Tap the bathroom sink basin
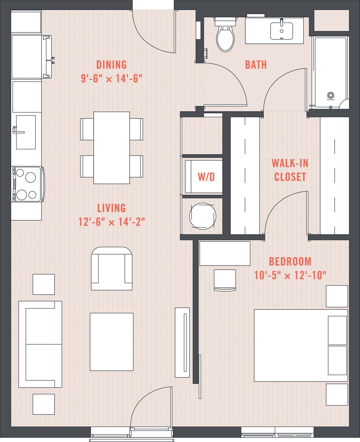(x=282, y=31)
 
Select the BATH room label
(x=256, y=65)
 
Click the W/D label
(x=206, y=177)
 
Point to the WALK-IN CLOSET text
(x=290, y=170)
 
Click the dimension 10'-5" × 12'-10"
(x=290, y=276)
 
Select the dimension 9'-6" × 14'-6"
(x=112, y=79)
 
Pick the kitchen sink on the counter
(x=26, y=132)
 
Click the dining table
(x=112, y=147)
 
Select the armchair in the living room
(x=112, y=269)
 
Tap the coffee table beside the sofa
(x=112, y=342)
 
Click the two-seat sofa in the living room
(x=40, y=344)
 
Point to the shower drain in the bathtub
(x=331, y=95)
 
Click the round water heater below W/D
(x=202, y=216)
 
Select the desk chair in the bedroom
(x=225, y=280)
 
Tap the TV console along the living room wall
(x=182, y=342)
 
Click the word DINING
(x=112, y=65)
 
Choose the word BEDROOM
(x=290, y=261)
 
